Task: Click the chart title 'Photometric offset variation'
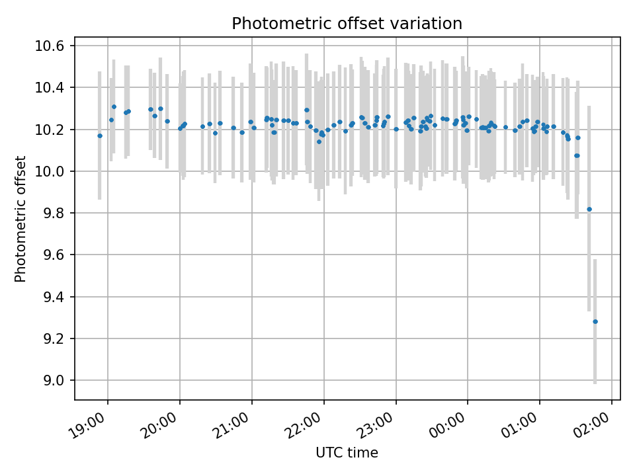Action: (347, 24)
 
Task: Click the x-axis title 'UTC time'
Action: (347, 452)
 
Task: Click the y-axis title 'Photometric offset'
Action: (21, 219)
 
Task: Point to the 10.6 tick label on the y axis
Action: (50, 46)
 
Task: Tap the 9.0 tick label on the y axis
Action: (54, 381)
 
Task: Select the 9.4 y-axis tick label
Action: (54, 297)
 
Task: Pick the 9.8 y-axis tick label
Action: (54, 213)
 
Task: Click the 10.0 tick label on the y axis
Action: (50, 171)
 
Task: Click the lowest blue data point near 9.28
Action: (595, 321)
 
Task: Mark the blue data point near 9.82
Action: (589, 210)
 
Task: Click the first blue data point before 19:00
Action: (100, 136)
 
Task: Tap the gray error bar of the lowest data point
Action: (595, 321)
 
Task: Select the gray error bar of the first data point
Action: (100, 136)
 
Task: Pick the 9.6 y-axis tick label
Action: (54, 255)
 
